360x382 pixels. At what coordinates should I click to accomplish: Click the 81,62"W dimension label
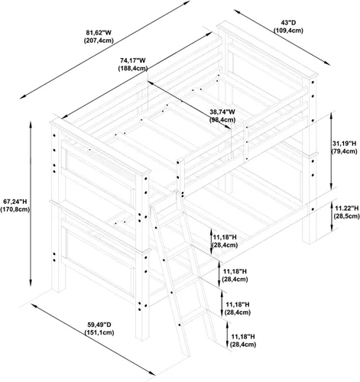pos(99,33)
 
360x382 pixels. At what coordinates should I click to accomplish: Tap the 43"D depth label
pos(288,23)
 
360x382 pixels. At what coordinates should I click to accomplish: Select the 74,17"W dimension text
pos(133,60)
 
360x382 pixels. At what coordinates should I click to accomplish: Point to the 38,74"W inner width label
pos(222,112)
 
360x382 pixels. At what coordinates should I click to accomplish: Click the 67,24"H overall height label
pos(15,202)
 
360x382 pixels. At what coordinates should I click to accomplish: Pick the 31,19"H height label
pos(344,144)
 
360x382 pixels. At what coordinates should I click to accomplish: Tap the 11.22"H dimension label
pos(346,209)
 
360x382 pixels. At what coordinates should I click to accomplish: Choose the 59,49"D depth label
pos(99,325)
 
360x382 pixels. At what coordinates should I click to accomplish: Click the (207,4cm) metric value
pos(99,40)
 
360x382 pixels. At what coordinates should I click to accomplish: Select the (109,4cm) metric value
pos(288,31)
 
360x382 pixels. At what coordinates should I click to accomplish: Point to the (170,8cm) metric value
pos(15,209)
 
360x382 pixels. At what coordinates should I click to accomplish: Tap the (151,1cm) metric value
pos(99,332)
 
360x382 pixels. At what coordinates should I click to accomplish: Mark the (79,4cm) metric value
pos(344,151)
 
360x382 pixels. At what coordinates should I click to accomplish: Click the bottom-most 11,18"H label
pos(243,337)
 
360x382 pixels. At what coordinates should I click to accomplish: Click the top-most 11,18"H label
pos(225,238)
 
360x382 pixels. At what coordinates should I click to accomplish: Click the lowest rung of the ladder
pos(193,316)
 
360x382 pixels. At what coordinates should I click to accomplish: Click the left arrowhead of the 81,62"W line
pos(23,96)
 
